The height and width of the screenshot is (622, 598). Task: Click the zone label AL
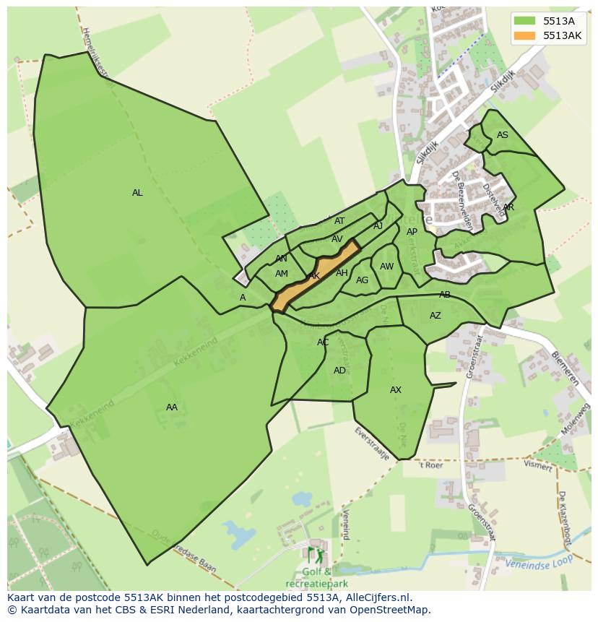pos(137,193)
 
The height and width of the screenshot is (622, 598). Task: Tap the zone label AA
pos(171,407)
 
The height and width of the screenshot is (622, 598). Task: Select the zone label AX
pos(396,390)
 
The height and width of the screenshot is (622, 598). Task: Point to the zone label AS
pos(503,135)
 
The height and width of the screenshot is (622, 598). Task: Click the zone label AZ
pos(435,316)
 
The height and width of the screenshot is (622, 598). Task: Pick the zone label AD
pos(339,371)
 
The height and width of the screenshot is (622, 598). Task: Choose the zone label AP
pos(412,232)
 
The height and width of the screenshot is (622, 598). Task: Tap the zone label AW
pos(387,267)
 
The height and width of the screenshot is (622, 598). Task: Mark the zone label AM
pos(282,274)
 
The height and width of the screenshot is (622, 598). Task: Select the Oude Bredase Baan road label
pos(184,553)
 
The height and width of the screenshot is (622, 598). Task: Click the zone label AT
pos(339,221)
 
